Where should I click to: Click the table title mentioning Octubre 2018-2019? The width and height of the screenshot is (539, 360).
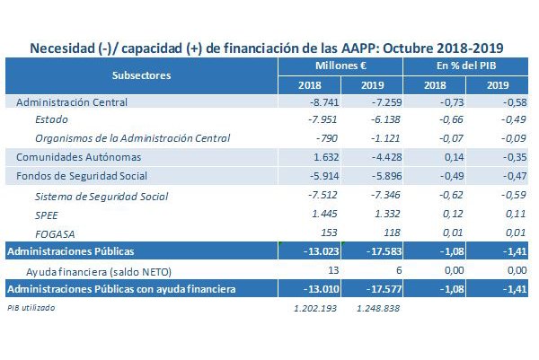click(x=267, y=47)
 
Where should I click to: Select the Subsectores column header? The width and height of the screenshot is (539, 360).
click(x=142, y=75)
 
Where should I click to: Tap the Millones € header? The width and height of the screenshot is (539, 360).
click(x=339, y=66)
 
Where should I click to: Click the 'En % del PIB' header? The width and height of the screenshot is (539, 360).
click(x=466, y=66)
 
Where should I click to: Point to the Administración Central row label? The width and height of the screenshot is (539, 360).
click(x=73, y=102)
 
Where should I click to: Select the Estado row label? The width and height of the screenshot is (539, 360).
click(x=52, y=119)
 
